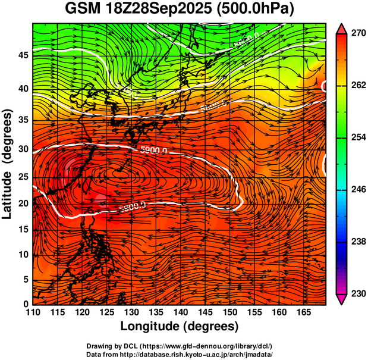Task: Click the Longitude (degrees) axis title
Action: (180, 326)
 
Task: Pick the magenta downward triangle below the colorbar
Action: (341, 299)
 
